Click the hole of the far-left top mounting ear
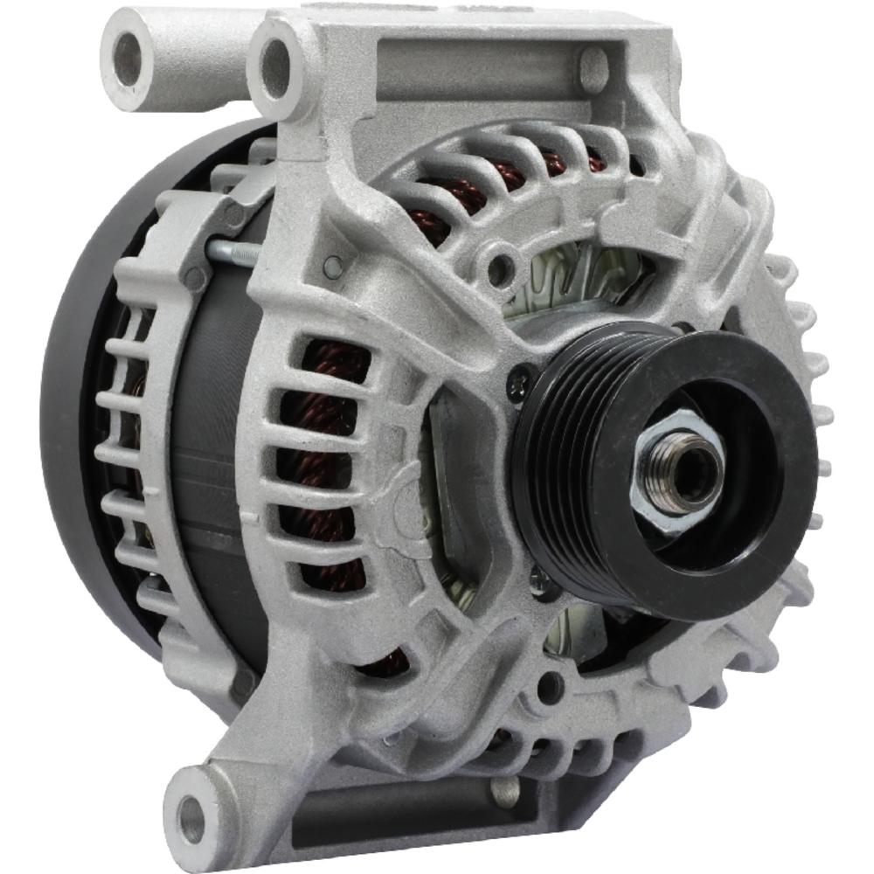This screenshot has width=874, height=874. click(128, 59)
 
